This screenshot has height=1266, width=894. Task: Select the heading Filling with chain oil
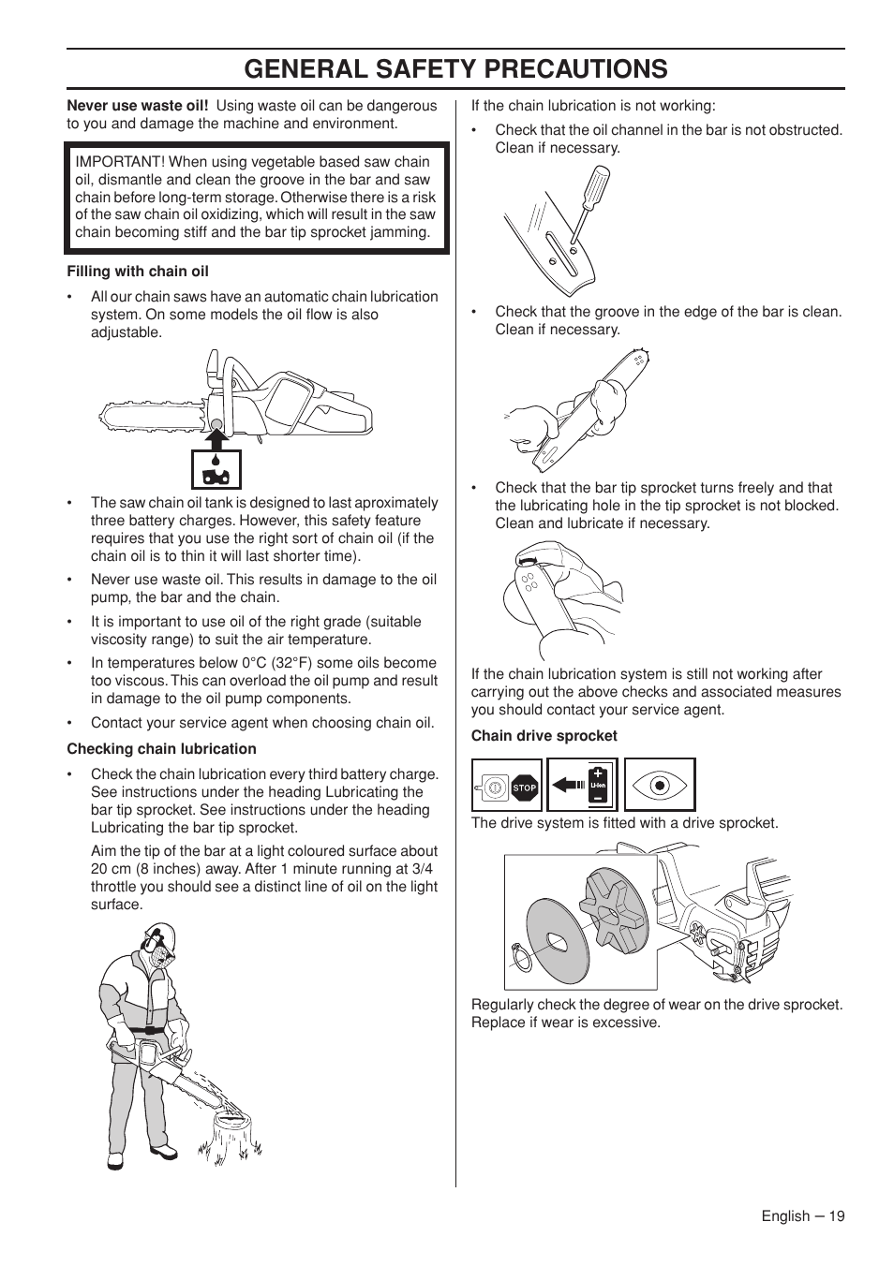pyautogui.click(x=138, y=272)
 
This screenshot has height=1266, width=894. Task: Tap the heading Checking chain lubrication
pyautogui.click(x=161, y=749)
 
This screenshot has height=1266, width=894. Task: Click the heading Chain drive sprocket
pyautogui.click(x=544, y=736)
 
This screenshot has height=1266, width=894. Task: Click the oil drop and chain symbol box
pyautogui.click(x=216, y=469)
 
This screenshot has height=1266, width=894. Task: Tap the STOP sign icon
pyautogui.click(x=524, y=788)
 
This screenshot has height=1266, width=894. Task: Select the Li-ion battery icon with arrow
pyautogui.click(x=582, y=785)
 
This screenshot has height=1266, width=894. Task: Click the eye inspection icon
pyautogui.click(x=659, y=785)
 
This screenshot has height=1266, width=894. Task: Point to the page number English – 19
pyautogui.click(x=802, y=1215)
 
